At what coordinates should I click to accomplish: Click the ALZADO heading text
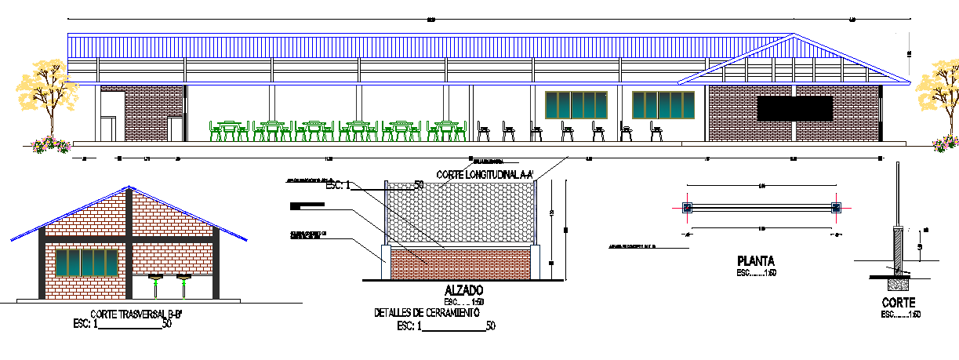click(x=463, y=290)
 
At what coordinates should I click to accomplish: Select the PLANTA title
click(x=756, y=260)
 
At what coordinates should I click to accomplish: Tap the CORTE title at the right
click(x=898, y=303)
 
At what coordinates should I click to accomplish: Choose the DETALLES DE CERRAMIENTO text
click(x=426, y=312)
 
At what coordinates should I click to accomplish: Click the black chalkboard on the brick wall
click(x=794, y=108)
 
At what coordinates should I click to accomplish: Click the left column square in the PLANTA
click(x=687, y=208)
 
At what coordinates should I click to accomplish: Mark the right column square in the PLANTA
click(x=835, y=208)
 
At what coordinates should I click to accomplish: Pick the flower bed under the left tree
click(x=51, y=144)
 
